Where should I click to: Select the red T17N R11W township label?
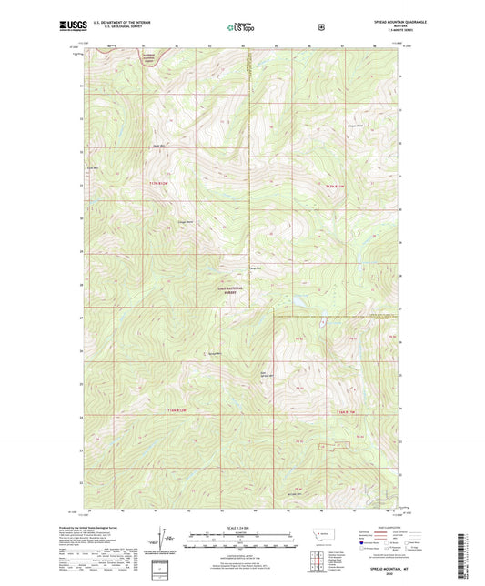[x=336, y=186]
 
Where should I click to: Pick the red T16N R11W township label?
[x=349, y=412]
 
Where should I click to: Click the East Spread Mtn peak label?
[x=267, y=373]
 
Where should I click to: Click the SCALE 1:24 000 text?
[x=242, y=530]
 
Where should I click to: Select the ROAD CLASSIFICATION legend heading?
[x=391, y=527]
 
